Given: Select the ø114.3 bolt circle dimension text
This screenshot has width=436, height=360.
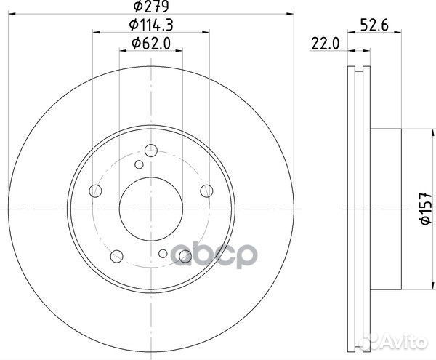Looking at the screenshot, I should coord(151,26).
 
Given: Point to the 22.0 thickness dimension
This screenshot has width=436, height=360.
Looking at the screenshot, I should coord(326,44).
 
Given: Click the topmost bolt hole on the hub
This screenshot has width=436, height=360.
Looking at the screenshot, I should coord(151,151).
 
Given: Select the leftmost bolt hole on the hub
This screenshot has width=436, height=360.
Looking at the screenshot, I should coord(94,192).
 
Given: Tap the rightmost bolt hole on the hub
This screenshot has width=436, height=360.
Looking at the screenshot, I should coord(207,191).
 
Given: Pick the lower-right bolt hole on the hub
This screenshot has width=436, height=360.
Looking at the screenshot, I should coord(185,255).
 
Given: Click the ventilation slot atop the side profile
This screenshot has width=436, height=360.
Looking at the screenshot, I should coord(356,73).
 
